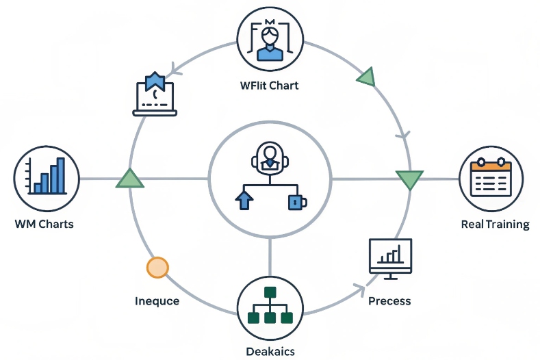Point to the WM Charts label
tap(43, 224)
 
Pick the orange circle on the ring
tap(157, 267)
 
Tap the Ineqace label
tap(157, 300)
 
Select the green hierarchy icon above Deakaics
tap(270, 307)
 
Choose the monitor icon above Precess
tap(389, 258)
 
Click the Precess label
tap(389, 300)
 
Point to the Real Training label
tap(495, 224)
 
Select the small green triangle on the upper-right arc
tap(366, 77)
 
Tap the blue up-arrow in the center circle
tap(243, 200)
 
